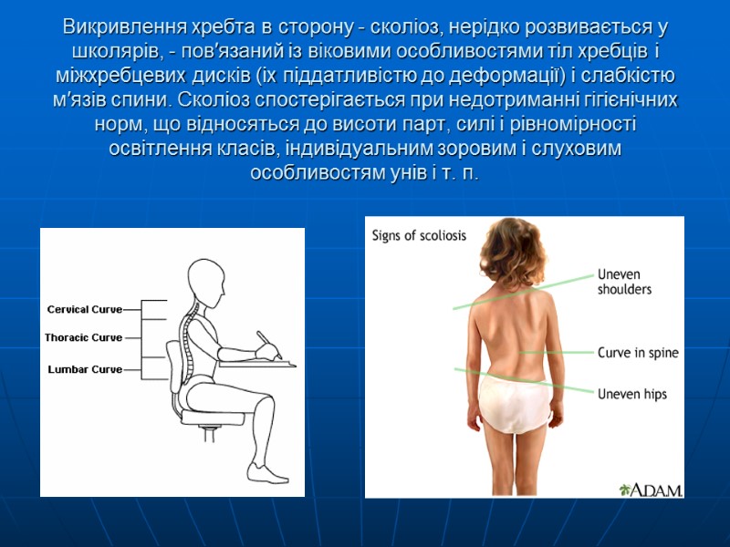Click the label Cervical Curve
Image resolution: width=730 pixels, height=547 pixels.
coord(84,310)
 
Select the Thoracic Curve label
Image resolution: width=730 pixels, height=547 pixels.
coord(83,338)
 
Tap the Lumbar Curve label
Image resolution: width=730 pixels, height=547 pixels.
coord(84,369)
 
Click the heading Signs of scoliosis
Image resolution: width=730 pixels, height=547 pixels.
coord(419,235)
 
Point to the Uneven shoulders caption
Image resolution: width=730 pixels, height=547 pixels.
coord(624,281)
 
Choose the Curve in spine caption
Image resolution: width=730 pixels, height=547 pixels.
coord(638,353)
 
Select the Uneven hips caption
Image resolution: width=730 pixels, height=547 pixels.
coord(631,395)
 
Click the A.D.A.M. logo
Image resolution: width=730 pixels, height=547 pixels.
coord(651,490)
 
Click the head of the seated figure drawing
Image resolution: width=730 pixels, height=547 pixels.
coord(205,283)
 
